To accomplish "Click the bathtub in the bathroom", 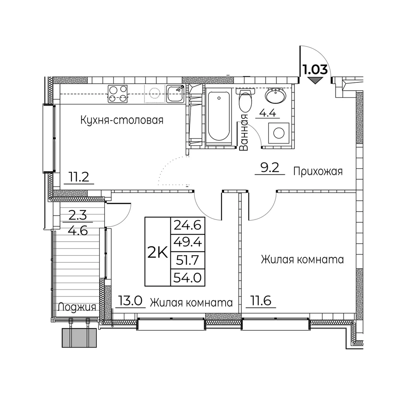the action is click(x=219, y=116).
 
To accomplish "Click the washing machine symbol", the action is click(x=279, y=133).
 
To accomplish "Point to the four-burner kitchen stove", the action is click(x=118, y=94).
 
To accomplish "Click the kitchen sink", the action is click(x=176, y=94).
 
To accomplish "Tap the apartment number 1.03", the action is click(x=315, y=69).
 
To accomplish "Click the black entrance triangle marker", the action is click(x=315, y=81).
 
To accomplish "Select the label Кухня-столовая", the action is click(x=122, y=120).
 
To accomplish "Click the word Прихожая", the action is click(x=318, y=172).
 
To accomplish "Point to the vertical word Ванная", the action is click(x=244, y=132).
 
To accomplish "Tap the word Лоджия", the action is click(x=77, y=307).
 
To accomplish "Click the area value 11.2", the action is click(x=79, y=177).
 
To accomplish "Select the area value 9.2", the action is click(x=270, y=168).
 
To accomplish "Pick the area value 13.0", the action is click(x=130, y=301).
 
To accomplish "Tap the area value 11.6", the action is click(x=261, y=301).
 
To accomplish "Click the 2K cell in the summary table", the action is click(x=158, y=252).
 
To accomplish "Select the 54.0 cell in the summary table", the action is click(x=188, y=278).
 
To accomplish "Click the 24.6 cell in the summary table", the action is click(x=188, y=226).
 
